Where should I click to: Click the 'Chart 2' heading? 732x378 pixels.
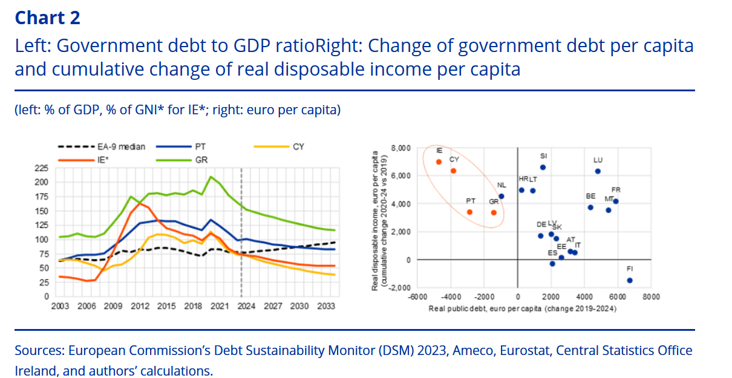[47, 18]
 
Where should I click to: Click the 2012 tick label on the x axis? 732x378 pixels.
[140, 307]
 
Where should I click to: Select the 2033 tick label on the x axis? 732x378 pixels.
[325, 307]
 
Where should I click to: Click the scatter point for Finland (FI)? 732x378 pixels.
[630, 280]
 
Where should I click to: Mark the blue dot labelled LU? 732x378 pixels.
[598, 171]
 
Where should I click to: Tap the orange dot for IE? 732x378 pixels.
[439, 162]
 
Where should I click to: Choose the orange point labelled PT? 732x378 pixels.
[469, 212]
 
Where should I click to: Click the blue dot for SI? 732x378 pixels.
[543, 167]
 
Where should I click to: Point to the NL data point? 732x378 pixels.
[502, 196]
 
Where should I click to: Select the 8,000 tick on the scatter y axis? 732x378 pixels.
[400, 148]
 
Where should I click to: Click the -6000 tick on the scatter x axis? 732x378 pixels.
[417, 297]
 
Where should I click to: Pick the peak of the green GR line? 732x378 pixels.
[210, 177]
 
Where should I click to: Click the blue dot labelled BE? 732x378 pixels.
[590, 207]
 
